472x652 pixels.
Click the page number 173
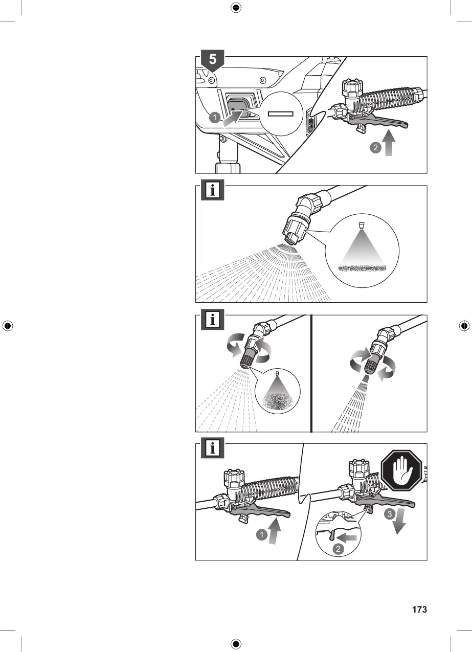(x=419, y=610)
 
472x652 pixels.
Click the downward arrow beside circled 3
(x=400, y=519)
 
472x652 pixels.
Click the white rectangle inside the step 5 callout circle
(x=279, y=114)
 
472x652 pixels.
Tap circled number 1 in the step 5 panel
(x=215, y=118)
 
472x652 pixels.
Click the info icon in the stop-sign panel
(x=213, y=448)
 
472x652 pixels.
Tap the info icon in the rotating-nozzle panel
(x=213, y=319)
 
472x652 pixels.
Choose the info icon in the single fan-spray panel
(x=213, y=190)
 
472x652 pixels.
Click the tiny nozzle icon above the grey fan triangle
(x=361, y=224)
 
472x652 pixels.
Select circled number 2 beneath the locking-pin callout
(x=338, y=549)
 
